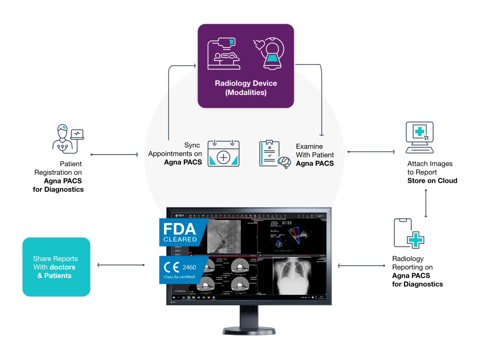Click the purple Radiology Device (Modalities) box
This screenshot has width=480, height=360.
(246, 66)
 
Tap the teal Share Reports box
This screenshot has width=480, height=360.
(56, 267)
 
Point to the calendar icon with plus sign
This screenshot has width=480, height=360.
(223, 153)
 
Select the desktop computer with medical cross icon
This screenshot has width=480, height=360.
(419, 137)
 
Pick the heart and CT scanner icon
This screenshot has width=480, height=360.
(269, 53)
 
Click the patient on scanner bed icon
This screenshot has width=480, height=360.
(224, 54)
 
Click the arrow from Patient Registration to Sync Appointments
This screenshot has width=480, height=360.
(114, 154)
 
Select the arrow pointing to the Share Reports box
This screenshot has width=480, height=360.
(121, 265)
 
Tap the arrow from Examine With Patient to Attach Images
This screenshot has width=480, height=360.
(371, 152)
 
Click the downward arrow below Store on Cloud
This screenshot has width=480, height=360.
(426, 203)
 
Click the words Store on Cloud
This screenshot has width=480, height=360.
(432, 181)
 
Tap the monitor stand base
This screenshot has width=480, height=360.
(249, 331)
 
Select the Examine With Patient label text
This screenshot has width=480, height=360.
(315, 155)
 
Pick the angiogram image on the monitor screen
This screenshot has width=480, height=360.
(224, 237)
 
